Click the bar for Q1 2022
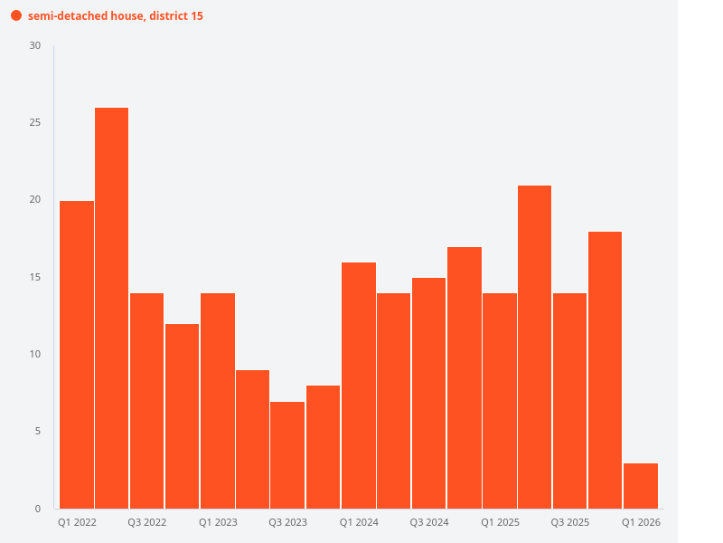coord(77,354)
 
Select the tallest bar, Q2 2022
coord(112,308)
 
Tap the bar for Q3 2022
coord(147,400)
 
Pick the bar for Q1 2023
coord(218,400)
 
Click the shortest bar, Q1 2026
coord(641,486)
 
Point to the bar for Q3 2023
coord(288,454)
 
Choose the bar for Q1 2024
coord(359,385)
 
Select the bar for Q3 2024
coord(429,393)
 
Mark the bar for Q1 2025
coord(500,400)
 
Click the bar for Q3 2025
coord(570,400)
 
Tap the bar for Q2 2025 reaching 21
coord(535,347)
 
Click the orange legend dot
coord(16,16)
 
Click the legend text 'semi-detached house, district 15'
coord(116,16)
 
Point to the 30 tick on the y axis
coord(35,45)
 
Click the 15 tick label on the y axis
coord(35,277)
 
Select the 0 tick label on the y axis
coord(38,509)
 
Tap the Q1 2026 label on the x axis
coord(641,523)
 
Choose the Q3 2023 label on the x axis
coord(288,523)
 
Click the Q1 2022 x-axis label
coord(77,523)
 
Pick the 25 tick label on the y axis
coord(35,122)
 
